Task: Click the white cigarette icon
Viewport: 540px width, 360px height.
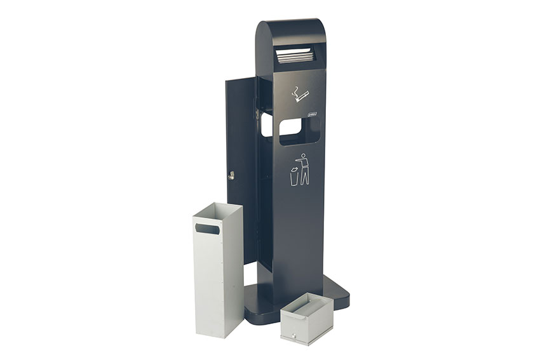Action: (x=299, y=95)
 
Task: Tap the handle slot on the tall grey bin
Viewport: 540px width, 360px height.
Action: (x=207, y=227)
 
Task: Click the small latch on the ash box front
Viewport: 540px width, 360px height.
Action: (x=294, y=333)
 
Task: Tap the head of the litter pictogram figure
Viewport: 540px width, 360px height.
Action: (x=304, y=154)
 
